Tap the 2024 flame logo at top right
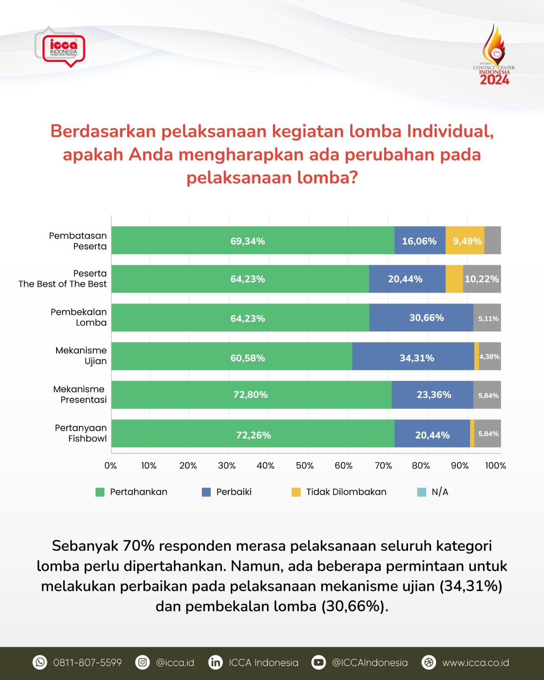pos(494,55)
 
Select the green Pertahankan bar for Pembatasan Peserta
pos(252,241)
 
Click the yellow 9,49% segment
pos(465,241)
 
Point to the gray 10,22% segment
pos(482,279)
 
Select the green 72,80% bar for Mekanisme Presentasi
pos(251,395)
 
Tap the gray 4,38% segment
pos(490,357)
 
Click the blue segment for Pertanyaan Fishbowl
pos(432,434)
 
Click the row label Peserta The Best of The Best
pos(62,279)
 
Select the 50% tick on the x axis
pos(304,466)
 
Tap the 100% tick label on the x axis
pos(496,466)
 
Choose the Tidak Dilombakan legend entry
pos(339,492)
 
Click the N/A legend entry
pos(433,492)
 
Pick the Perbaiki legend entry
pos(227,492)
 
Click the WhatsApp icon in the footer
pos(40,662)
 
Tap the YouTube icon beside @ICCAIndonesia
pos(318,662)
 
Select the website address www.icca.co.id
pos(475,663)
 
